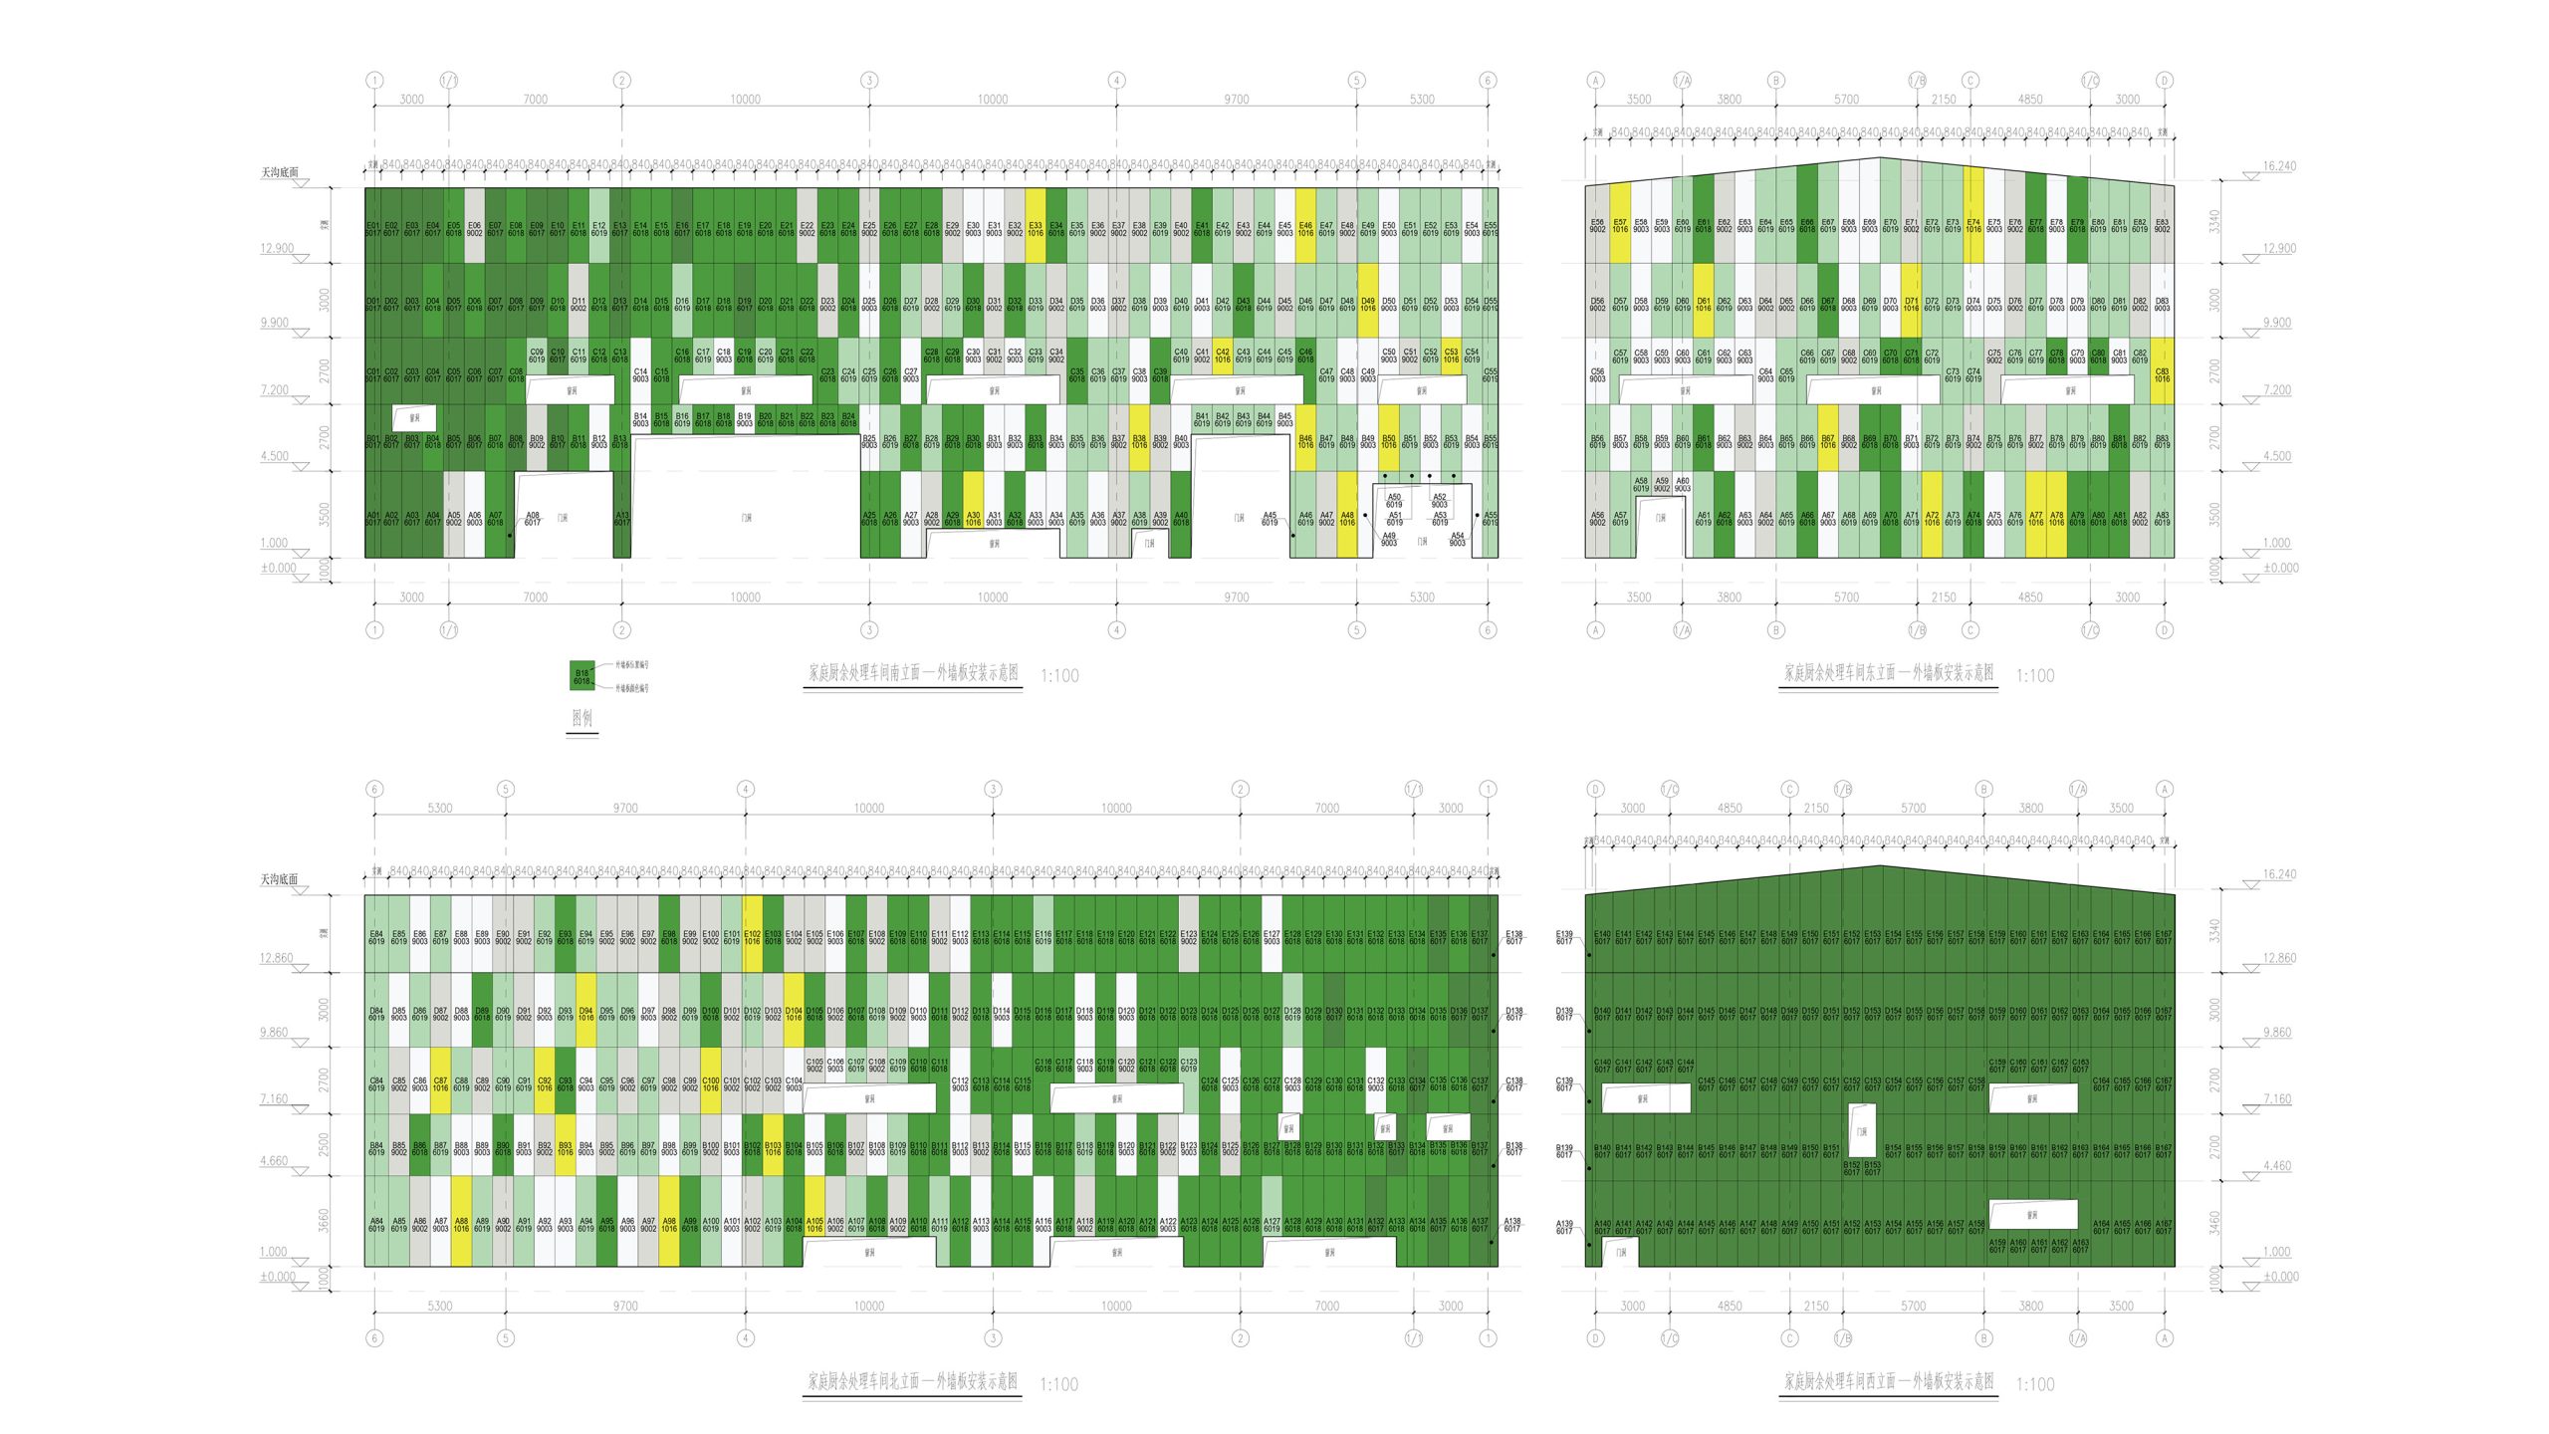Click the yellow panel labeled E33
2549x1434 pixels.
click(x=1036, y=226)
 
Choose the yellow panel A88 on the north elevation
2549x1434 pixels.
click(x=461, y=1223)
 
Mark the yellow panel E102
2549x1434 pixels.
click(x=752, y=935)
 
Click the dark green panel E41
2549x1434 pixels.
click(x=1202, y=226)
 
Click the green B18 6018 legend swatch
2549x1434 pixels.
click(x=581, y=675)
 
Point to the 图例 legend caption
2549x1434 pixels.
click(x=582, y=718)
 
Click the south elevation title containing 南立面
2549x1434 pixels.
click(x=913, y=674)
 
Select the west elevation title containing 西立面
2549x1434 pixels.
click(x=1888, y=1382)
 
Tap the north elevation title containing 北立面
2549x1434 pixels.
click(x=912, y=1382)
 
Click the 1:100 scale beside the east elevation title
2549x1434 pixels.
click(x=2035, y=676)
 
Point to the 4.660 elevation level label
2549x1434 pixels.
click(x=274, y=1161)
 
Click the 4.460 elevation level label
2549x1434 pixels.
click(x=2276, y=1165)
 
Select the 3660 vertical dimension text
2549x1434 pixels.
click(x=324, y=1221)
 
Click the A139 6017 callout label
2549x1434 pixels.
click(x=1564, y=1227)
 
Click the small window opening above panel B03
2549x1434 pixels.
click(x=414, y=418)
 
